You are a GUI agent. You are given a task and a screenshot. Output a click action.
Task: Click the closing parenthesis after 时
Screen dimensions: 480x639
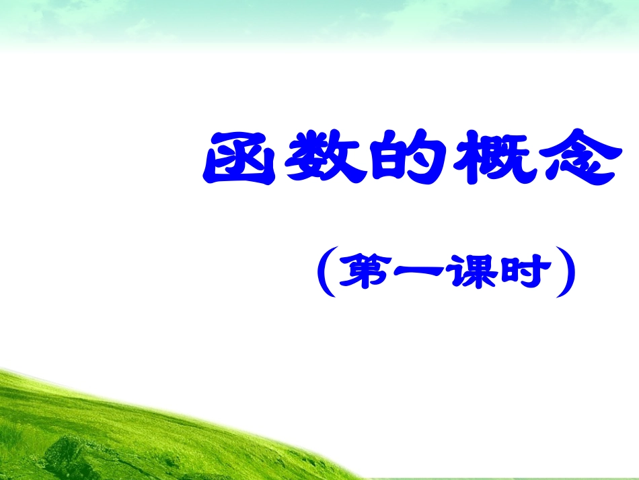point(569,273)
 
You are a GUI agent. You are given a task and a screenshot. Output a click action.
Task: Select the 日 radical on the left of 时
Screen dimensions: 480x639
point(517,273)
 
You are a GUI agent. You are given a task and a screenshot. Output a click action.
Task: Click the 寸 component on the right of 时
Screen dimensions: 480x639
point(541,272)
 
